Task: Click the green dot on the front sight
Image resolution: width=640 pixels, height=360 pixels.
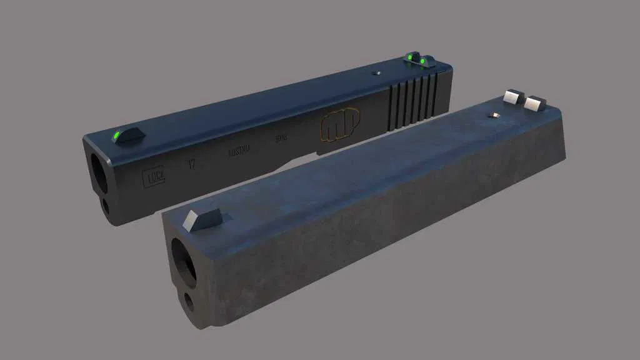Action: [116, 133]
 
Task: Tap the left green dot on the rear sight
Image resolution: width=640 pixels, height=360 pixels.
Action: [410, 57]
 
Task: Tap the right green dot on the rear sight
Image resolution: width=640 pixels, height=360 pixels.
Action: [423, 61]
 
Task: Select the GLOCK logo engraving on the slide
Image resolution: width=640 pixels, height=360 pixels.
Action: [155, 178]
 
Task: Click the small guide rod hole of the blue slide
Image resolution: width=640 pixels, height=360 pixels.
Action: [106, 206]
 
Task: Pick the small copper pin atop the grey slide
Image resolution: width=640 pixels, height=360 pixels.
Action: [495, 115]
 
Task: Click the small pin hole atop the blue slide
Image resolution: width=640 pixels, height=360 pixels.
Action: [376, 73]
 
